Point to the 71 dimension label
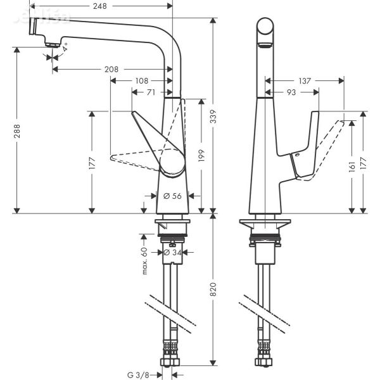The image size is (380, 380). click(151, 92)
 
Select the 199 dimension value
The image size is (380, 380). click(201, 155)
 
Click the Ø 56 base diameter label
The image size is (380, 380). click(172, 196)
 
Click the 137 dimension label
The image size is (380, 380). click(305, 80)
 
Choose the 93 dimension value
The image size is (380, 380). click(291, 92)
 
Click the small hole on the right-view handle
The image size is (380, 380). click(294, 155)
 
